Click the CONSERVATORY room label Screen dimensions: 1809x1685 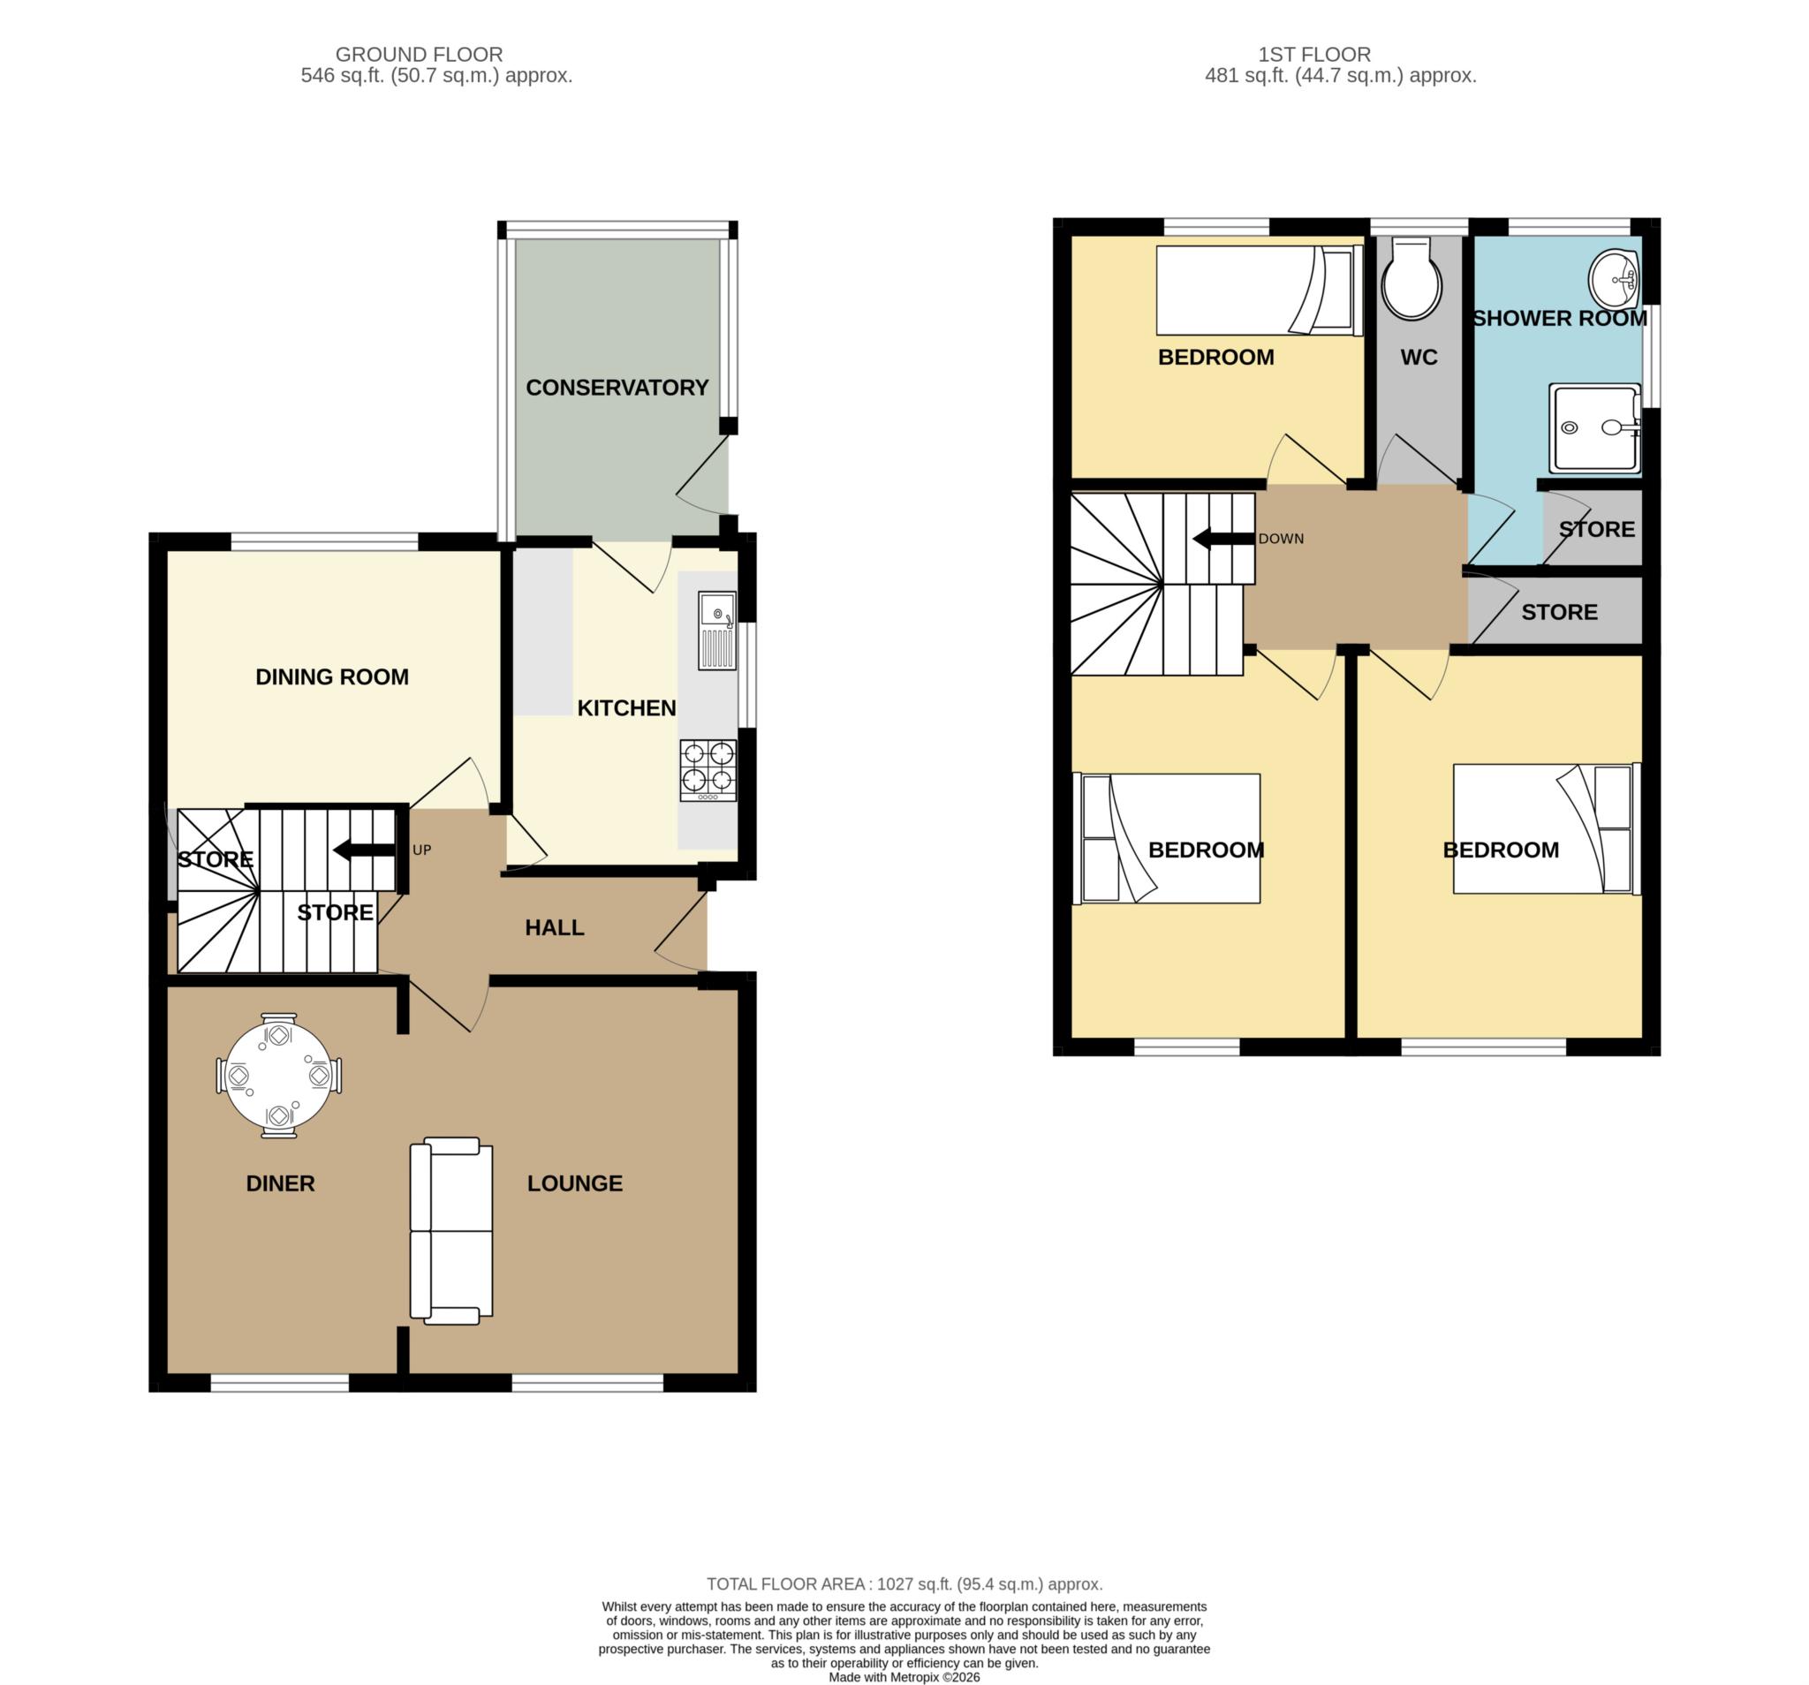[x=617, y=388]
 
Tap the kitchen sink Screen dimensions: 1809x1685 [x=717, y=631]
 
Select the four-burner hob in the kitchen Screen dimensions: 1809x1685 [x=708, y=771]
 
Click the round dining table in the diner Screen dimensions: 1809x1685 [x=278, y=1076]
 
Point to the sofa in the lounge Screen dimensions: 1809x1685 [x=451, y=1231]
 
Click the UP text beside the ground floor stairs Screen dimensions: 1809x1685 [x=421, y=850]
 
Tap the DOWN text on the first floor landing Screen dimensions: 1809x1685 [x=1281, y=539]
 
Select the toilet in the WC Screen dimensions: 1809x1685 [x=1412, y=278]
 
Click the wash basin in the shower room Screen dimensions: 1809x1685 [x=1614, y=279]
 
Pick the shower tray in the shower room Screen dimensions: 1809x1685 [x=1595, y=427]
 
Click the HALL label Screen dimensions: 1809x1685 [x=554, y=927]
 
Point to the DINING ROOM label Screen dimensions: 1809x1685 [x=332, y=676]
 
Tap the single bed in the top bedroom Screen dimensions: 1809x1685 [x=1260, y=291]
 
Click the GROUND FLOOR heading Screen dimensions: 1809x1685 [x=419, y=55]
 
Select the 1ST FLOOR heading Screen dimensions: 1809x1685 [x=1314, y=55]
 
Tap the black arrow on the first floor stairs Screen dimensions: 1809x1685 [x=1224, y=539]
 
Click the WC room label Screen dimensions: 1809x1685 [x=1419, y=358]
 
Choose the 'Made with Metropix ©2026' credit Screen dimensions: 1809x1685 [x=904, y=1677]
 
